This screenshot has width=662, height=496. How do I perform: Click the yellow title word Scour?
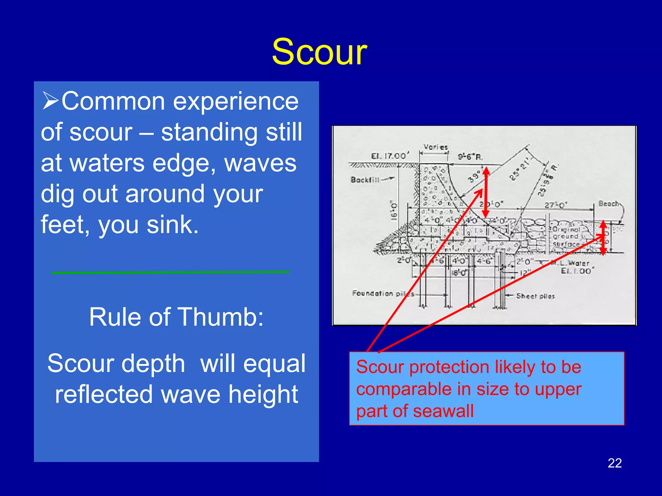click(x=319, y=52)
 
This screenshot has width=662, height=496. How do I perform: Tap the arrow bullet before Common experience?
click(x=50, y=101)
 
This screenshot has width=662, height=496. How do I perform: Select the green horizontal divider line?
click(x=170, y=272)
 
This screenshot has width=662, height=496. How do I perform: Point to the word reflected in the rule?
click(x=104, y=395)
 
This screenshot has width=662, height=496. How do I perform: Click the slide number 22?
click(x=614, y=463)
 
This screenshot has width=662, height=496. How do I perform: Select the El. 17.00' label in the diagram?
click(x=390, y=156)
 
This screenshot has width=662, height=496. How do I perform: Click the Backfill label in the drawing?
click(x=365, y=180)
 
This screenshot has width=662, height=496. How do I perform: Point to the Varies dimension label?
click(x=435, y=147)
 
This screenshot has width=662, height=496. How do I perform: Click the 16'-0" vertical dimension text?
click(x=394, y=210)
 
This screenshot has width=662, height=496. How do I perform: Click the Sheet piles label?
click(x=535, y=296)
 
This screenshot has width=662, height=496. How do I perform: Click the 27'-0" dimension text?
click(x=556, y=205)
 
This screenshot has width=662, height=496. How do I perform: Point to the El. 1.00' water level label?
click(x=577, y=271)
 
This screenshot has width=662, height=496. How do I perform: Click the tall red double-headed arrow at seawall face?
click(x=486, y=192)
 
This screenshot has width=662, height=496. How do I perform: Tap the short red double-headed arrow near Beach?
click(x=603, y=238)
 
